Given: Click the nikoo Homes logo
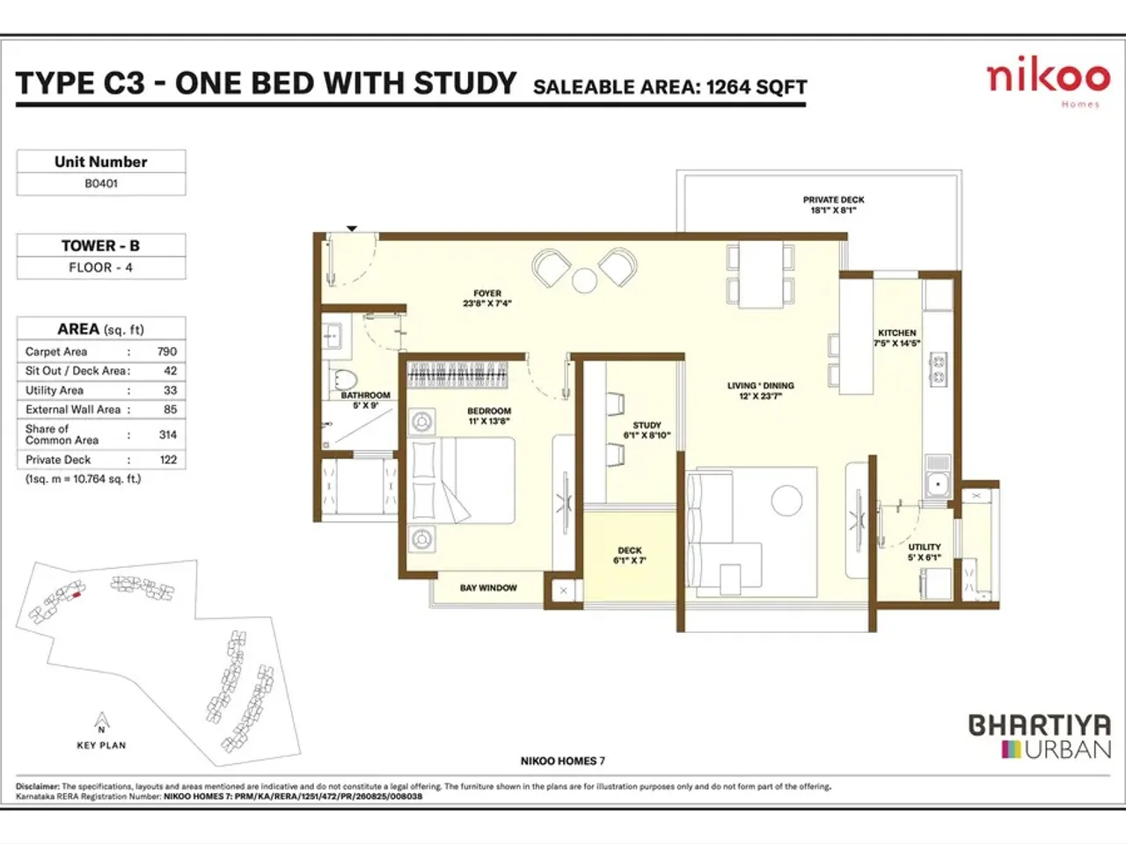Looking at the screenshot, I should [1047, 82].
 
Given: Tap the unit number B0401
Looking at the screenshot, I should [101, 184].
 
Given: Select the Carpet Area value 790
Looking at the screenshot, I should [167, 352].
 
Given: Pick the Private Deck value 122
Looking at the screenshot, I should [168, 460].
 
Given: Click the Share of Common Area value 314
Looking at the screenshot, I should [168, 434].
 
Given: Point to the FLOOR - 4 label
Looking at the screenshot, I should [101, 267].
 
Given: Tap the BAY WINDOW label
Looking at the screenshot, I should [488, 588].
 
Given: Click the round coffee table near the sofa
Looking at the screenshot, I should [786, 501].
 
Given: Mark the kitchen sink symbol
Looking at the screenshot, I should [938, 483].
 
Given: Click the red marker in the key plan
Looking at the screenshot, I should [77, 595].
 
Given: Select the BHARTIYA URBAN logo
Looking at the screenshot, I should [1040, 737].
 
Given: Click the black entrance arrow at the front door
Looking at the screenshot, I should [352, 229].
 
